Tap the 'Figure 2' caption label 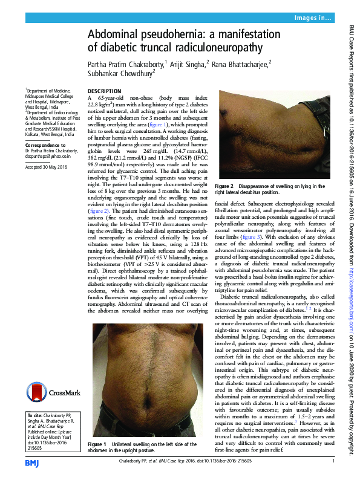point(224,186)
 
